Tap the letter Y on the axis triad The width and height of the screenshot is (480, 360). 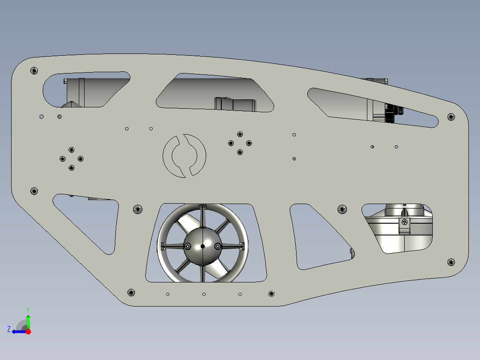28,309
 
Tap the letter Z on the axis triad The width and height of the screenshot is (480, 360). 9,329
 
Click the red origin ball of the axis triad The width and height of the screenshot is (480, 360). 28,331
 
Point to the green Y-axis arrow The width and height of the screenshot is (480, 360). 28,320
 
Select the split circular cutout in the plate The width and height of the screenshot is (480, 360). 184,155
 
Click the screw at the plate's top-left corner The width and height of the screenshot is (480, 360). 34,70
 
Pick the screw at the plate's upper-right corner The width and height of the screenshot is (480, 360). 451,117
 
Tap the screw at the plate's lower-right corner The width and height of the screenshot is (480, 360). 451,262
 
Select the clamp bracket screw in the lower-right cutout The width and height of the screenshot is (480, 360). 405,221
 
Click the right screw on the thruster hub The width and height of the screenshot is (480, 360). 217,246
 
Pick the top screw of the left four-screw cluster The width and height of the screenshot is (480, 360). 71,150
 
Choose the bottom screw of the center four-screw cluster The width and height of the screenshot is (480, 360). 240,152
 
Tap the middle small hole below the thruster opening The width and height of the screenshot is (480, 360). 204,295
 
